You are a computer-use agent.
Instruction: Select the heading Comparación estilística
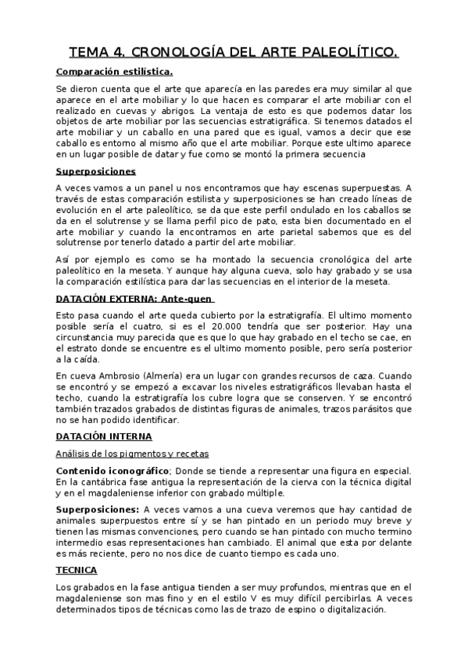pos(114,72)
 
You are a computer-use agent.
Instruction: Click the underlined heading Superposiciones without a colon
pos(96,171)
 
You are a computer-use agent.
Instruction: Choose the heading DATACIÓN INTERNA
pos(104,436)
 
